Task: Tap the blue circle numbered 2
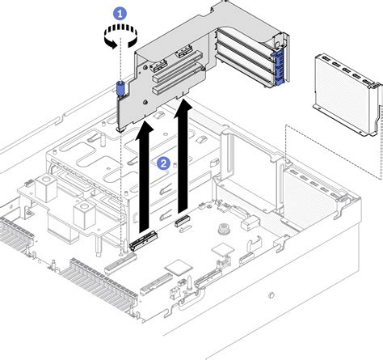[164, 163]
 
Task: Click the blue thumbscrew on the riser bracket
[120, 88]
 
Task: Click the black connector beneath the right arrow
[182, 219]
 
